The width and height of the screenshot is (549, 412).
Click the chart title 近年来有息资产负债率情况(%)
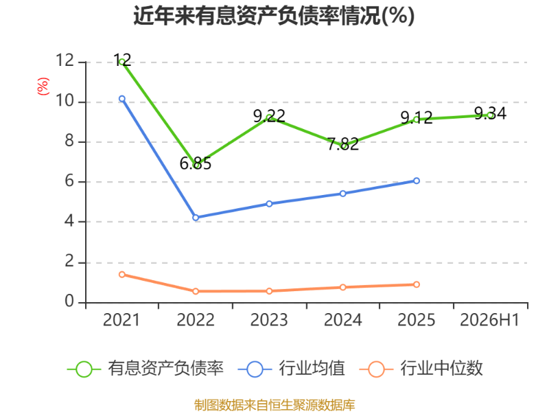click(x=274, y=16)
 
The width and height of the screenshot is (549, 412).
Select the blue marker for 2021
click(x=122, y=99)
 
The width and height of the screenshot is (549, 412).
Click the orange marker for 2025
click(x=417, y=284)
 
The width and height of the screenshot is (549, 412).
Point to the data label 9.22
click(x=269, y=116)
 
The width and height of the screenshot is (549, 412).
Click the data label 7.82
click(x=342, y=144)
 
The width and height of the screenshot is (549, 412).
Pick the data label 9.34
click(x=490, y=113)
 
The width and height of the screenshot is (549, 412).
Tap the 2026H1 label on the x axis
click(x=489, y=320)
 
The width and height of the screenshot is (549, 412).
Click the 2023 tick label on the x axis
click(x=269, y=320)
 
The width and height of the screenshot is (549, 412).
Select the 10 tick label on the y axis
click(x=65, y=101)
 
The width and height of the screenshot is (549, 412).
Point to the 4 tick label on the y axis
click(x=69, y=221)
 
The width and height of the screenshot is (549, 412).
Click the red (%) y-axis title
click(x=43, y=87)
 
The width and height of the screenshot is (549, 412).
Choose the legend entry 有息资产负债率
click(x=145, y=369)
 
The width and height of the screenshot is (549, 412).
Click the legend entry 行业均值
click(x=291, y=369)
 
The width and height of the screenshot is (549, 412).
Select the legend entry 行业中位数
click(x=421, y=369)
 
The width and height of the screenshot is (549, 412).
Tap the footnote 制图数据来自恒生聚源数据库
click(x=274, y=405)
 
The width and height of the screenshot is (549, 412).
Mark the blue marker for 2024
click(x=342, y=194)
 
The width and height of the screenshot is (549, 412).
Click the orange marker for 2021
click(x=122, y=274)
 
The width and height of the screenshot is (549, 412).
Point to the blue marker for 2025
click(x=417, y=181)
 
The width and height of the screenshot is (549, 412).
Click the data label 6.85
click(x=196, y=163)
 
